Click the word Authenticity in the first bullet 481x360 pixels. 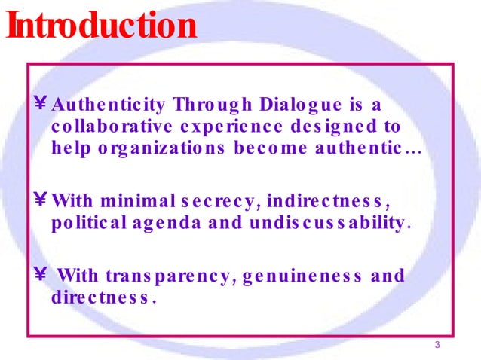click(109, 103)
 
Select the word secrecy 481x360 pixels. click(215, 202)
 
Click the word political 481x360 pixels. click(86, 224)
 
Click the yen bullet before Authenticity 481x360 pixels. click(42, 103)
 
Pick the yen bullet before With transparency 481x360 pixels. click(42, 276)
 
